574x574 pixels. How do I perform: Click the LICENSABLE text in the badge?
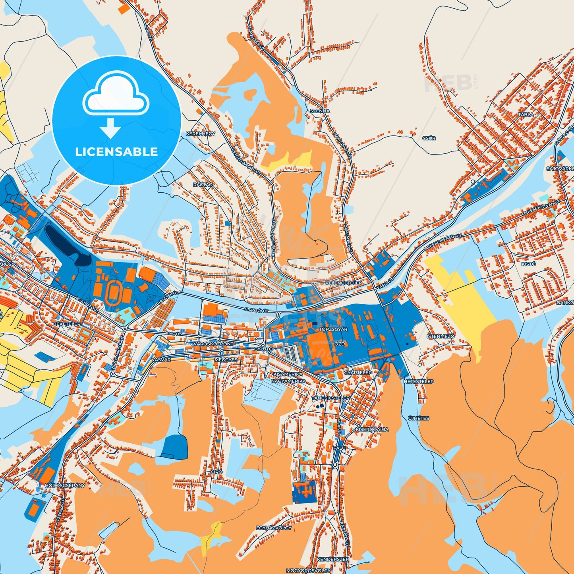pos(116,152)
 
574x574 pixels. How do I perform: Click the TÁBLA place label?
pos(526,114)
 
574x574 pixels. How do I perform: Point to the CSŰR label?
pos(429,138)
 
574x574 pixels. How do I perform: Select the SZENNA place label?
pos(320,111)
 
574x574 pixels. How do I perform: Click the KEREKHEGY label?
pos(201,134)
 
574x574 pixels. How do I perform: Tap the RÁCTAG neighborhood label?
pos(203,185)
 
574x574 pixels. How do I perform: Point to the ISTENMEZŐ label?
pos(441,336)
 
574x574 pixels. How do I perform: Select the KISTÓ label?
pos(529,264)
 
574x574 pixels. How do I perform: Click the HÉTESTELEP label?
pos(419,381)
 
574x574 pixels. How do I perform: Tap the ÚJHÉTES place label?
pos(419,418)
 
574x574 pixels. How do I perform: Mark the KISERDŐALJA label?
pos(372,429)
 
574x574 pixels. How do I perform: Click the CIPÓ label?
pos(216,472)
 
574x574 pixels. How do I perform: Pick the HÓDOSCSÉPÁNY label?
pos(65,485)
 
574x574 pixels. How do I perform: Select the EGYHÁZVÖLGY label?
pos(274,528)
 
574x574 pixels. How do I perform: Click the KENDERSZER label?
pos(333,559)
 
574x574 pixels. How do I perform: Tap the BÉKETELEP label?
pos(67,324)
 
